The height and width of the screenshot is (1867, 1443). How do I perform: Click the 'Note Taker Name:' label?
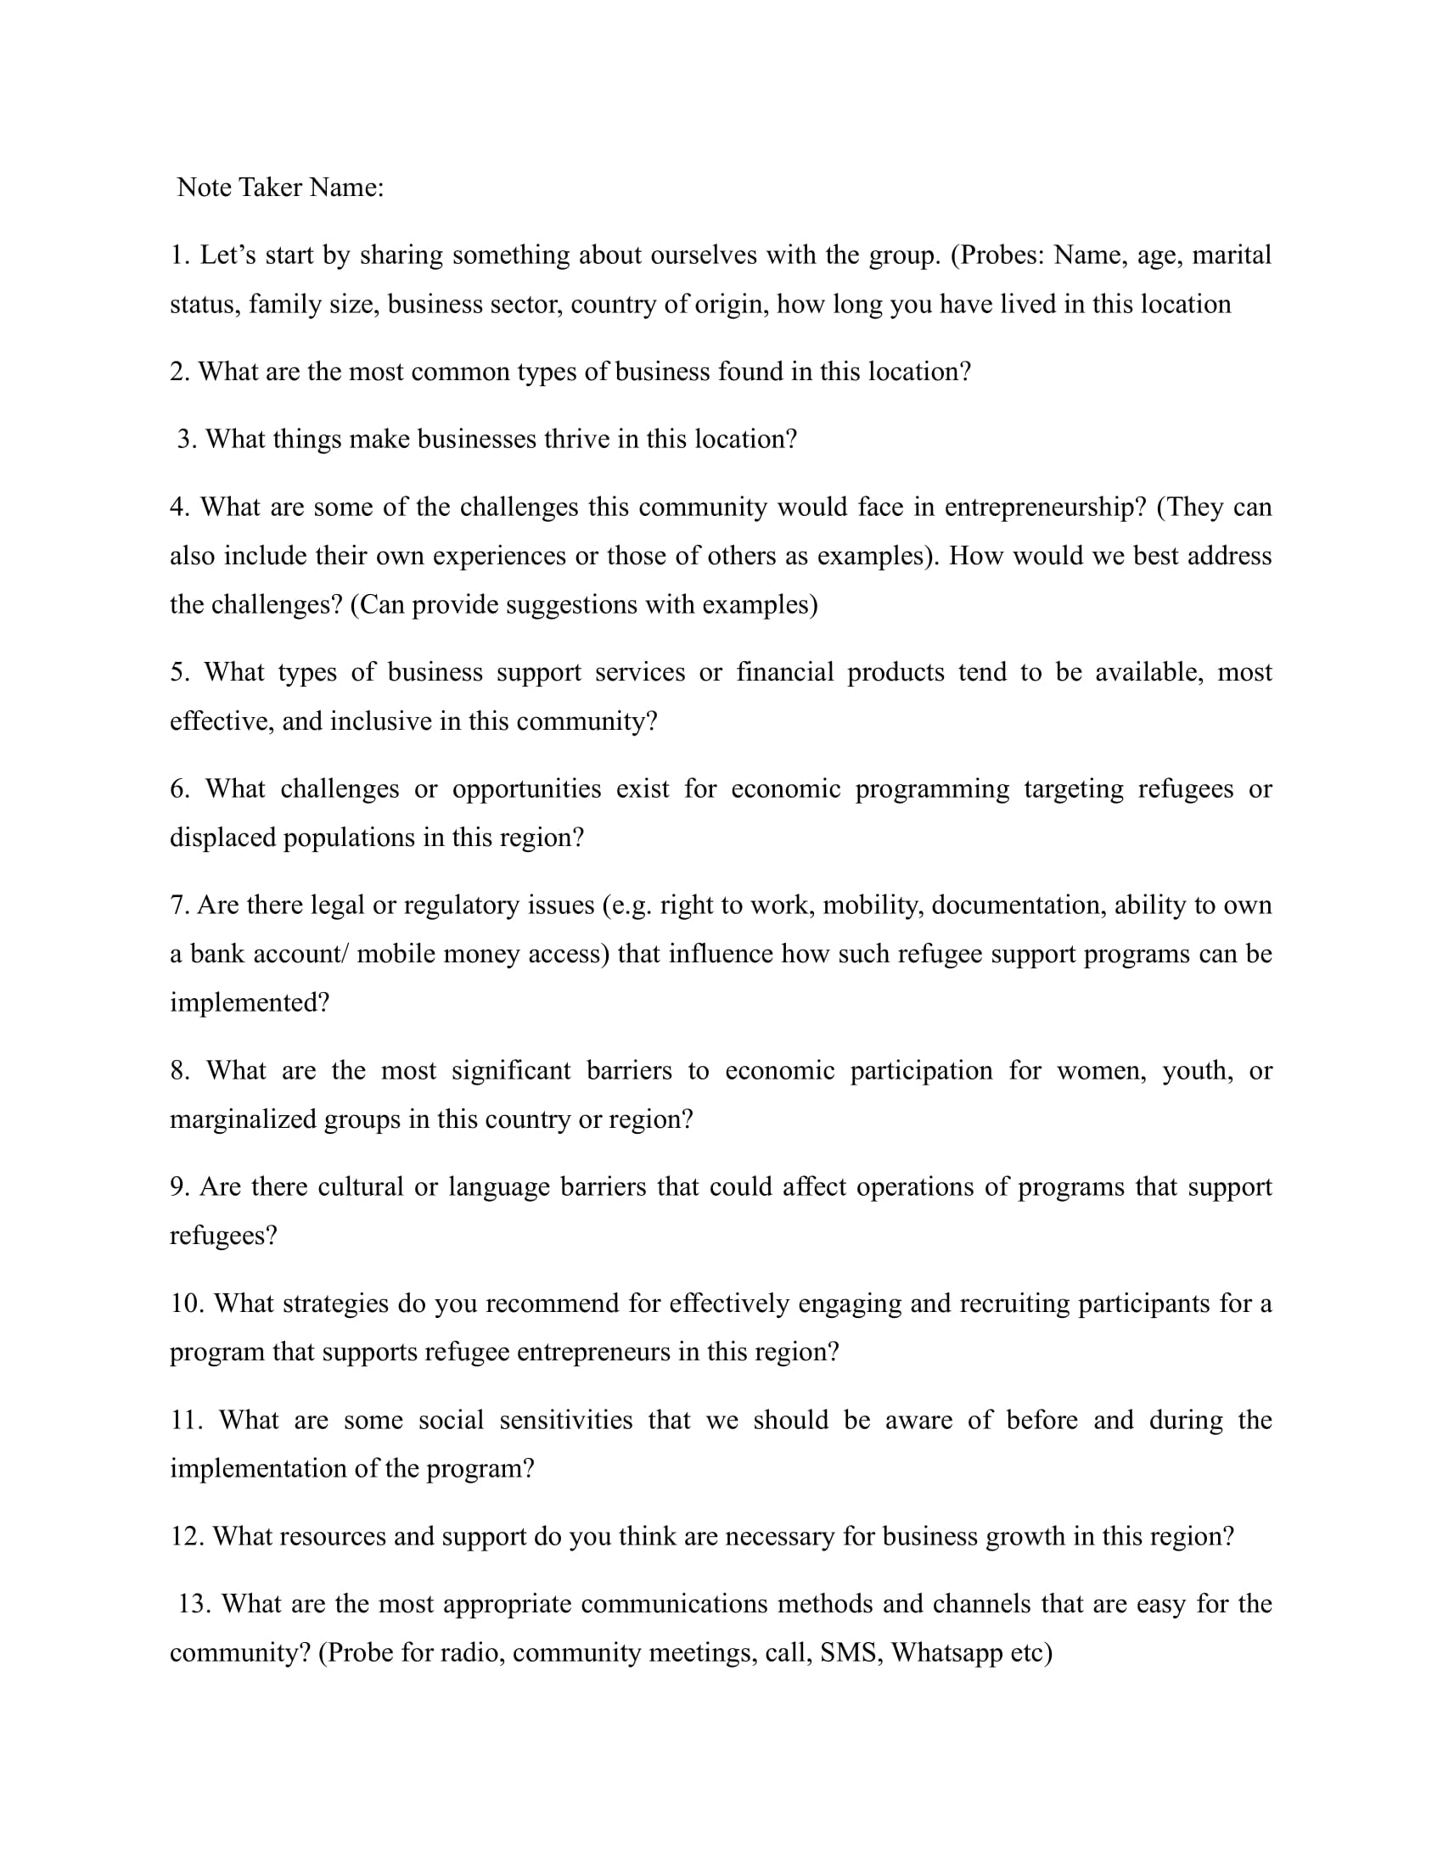(x=280, y=188)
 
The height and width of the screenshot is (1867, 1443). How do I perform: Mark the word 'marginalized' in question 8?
(x=243, y=1119)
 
